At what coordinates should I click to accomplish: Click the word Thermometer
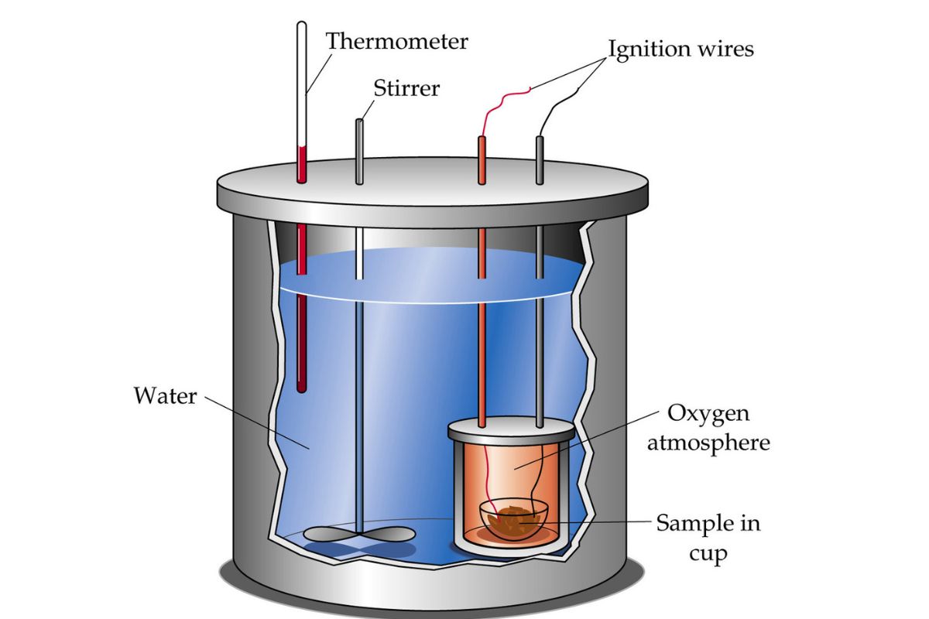point(396,40)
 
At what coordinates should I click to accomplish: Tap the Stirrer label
point(406,87)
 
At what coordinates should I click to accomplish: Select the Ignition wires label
point(680,49)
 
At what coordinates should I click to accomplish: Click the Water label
point(165,397)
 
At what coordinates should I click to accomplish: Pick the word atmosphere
point(709,443)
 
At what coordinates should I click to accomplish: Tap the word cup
point(710,554)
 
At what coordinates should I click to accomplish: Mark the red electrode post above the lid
point(482,159)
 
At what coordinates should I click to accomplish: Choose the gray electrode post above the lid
point(540,159)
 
